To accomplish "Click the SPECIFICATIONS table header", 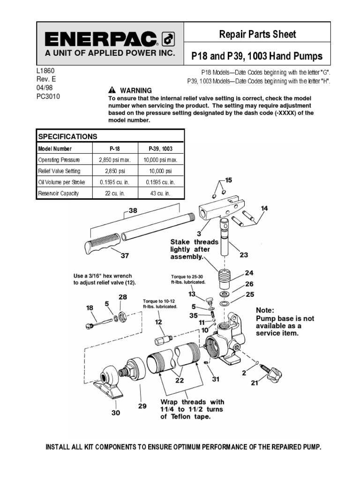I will [x=67, y=136].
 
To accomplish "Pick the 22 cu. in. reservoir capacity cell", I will [x=111, y=193].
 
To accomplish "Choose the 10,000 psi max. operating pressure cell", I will [x=160, y=159].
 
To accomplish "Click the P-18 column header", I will [x=111, y=149].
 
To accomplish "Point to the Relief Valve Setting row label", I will [x=59, y=171].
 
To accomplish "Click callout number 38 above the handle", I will [x=133, y=211].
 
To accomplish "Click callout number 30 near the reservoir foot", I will [x=115, y=412].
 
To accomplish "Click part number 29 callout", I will [x=142, y=406].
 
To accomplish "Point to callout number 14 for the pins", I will [x=265, y=208].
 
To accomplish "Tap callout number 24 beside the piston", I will [x=248, y=272].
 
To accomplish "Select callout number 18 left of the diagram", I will [x=89, y=307].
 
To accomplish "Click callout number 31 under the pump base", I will [x=216, y=379].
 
